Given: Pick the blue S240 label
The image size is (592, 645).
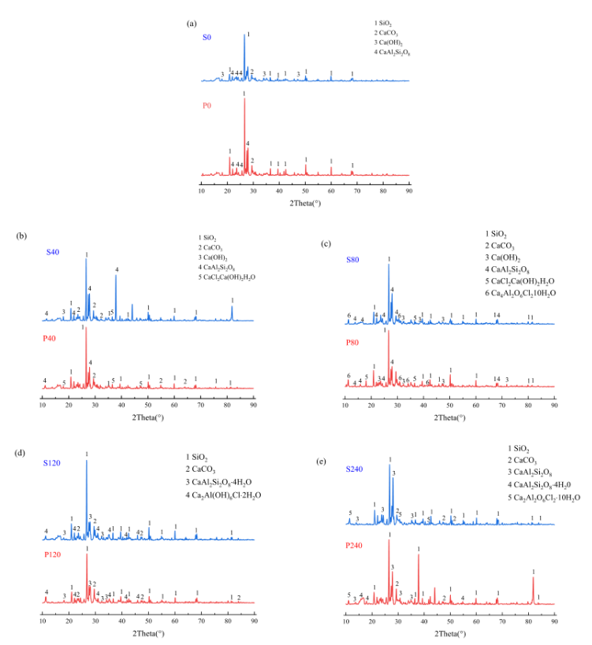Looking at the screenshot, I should (x=356, y=470).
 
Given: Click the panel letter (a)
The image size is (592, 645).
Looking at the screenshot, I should (x=191, y=23).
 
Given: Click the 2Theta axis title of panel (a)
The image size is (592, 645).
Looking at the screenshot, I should (x=306, y=205).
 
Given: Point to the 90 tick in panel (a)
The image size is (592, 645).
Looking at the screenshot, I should (x=409, y=191).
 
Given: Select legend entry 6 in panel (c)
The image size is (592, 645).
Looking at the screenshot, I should (x=517, y=292).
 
